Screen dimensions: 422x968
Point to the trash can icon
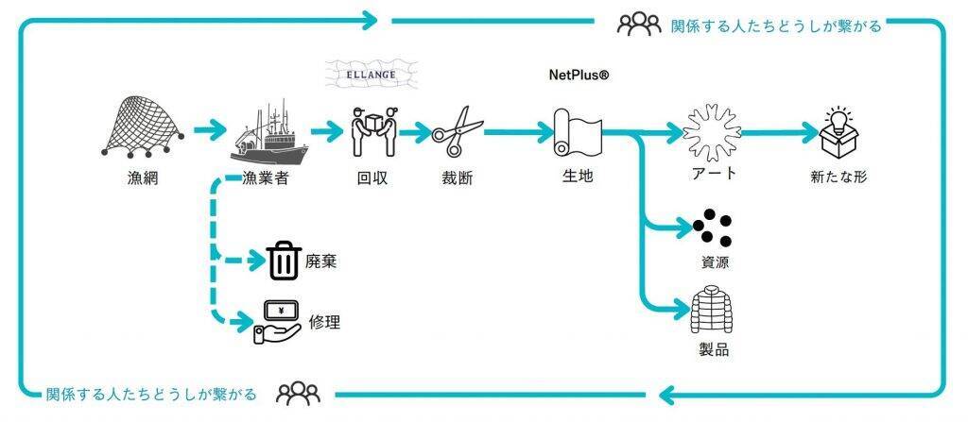coord(283,261)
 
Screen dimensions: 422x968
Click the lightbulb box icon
coord(838,133)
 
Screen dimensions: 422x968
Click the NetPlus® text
coord(579,74)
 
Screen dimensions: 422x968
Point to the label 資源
coord(711,262)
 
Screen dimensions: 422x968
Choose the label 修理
coord(324,322)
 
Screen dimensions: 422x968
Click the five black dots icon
coord(712,227)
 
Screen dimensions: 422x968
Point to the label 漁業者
coord(266,175)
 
